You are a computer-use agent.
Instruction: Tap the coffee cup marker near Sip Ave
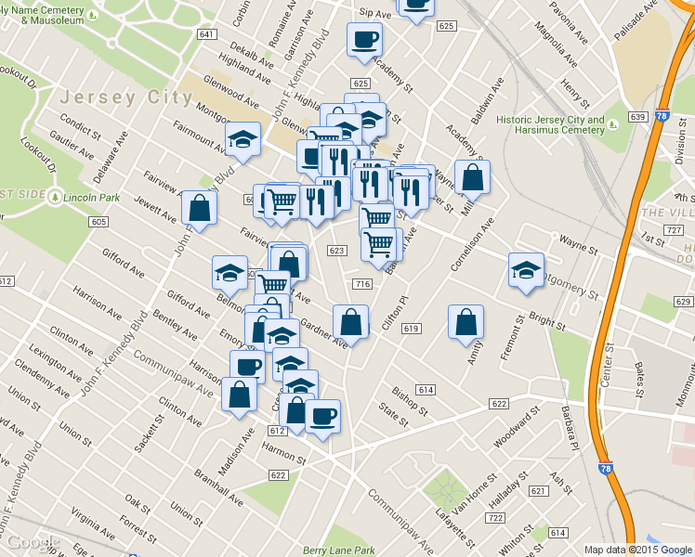tap(364, 39)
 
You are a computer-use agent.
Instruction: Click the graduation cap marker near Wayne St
tap(527, 270)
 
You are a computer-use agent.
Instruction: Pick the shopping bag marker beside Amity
tap(466, 322)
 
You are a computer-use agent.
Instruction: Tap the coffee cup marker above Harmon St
tap(323, 415)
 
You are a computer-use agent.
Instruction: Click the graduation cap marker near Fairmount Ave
tap(243, 140)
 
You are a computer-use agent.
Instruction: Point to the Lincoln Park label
tap(99, 197)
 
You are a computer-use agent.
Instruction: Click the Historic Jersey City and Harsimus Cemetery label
tap(550, 124)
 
